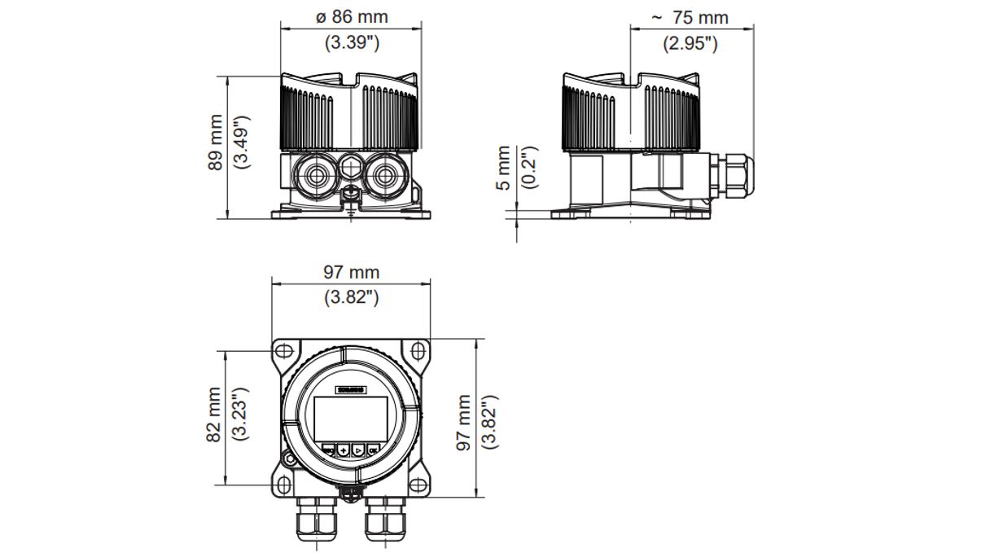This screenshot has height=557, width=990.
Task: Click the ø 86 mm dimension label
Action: [352, 17]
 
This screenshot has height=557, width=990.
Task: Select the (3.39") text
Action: [352, 43]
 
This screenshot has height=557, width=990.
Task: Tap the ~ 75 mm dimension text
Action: [690, 17]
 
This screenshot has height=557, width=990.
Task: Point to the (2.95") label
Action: [690, 43]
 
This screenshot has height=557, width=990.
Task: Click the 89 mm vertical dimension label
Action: [215, 148]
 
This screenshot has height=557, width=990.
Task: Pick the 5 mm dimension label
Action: [504, 168]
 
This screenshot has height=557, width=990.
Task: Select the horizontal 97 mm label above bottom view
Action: [352, 272]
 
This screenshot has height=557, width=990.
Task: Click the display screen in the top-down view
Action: [350, 419]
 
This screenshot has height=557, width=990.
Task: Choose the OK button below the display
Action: [373, 450]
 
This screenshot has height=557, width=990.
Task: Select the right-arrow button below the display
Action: [358, 450]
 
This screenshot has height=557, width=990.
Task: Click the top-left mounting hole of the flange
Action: [283, 351]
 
